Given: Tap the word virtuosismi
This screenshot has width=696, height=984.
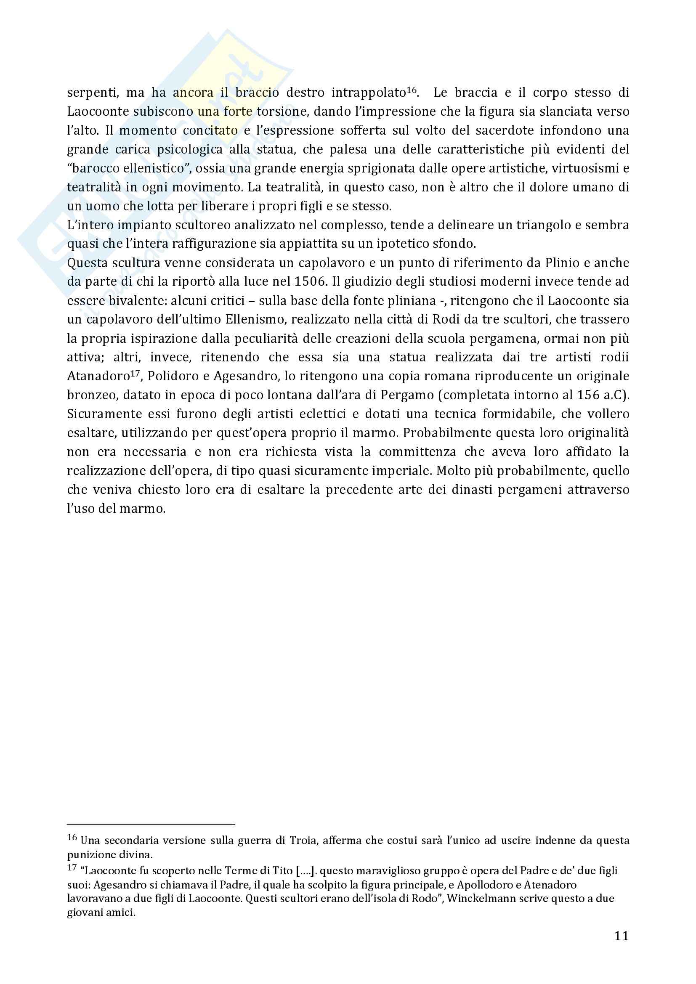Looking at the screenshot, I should point(580,168).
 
